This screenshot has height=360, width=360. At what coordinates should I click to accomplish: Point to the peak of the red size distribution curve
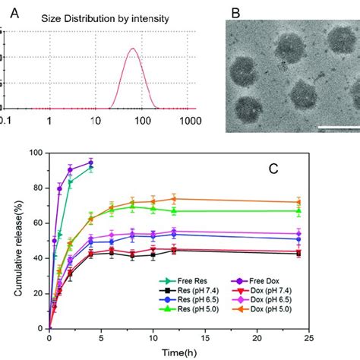(x=133, y=49)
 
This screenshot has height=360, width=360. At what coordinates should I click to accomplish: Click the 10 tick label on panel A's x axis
(x=96, y=119)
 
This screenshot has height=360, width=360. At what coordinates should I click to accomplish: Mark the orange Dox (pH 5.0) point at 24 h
(x=298, y=202)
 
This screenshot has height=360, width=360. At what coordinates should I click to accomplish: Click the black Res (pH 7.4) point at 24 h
(x=298, y=253)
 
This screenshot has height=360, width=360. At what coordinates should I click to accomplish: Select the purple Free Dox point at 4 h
(x=91, y=163)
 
